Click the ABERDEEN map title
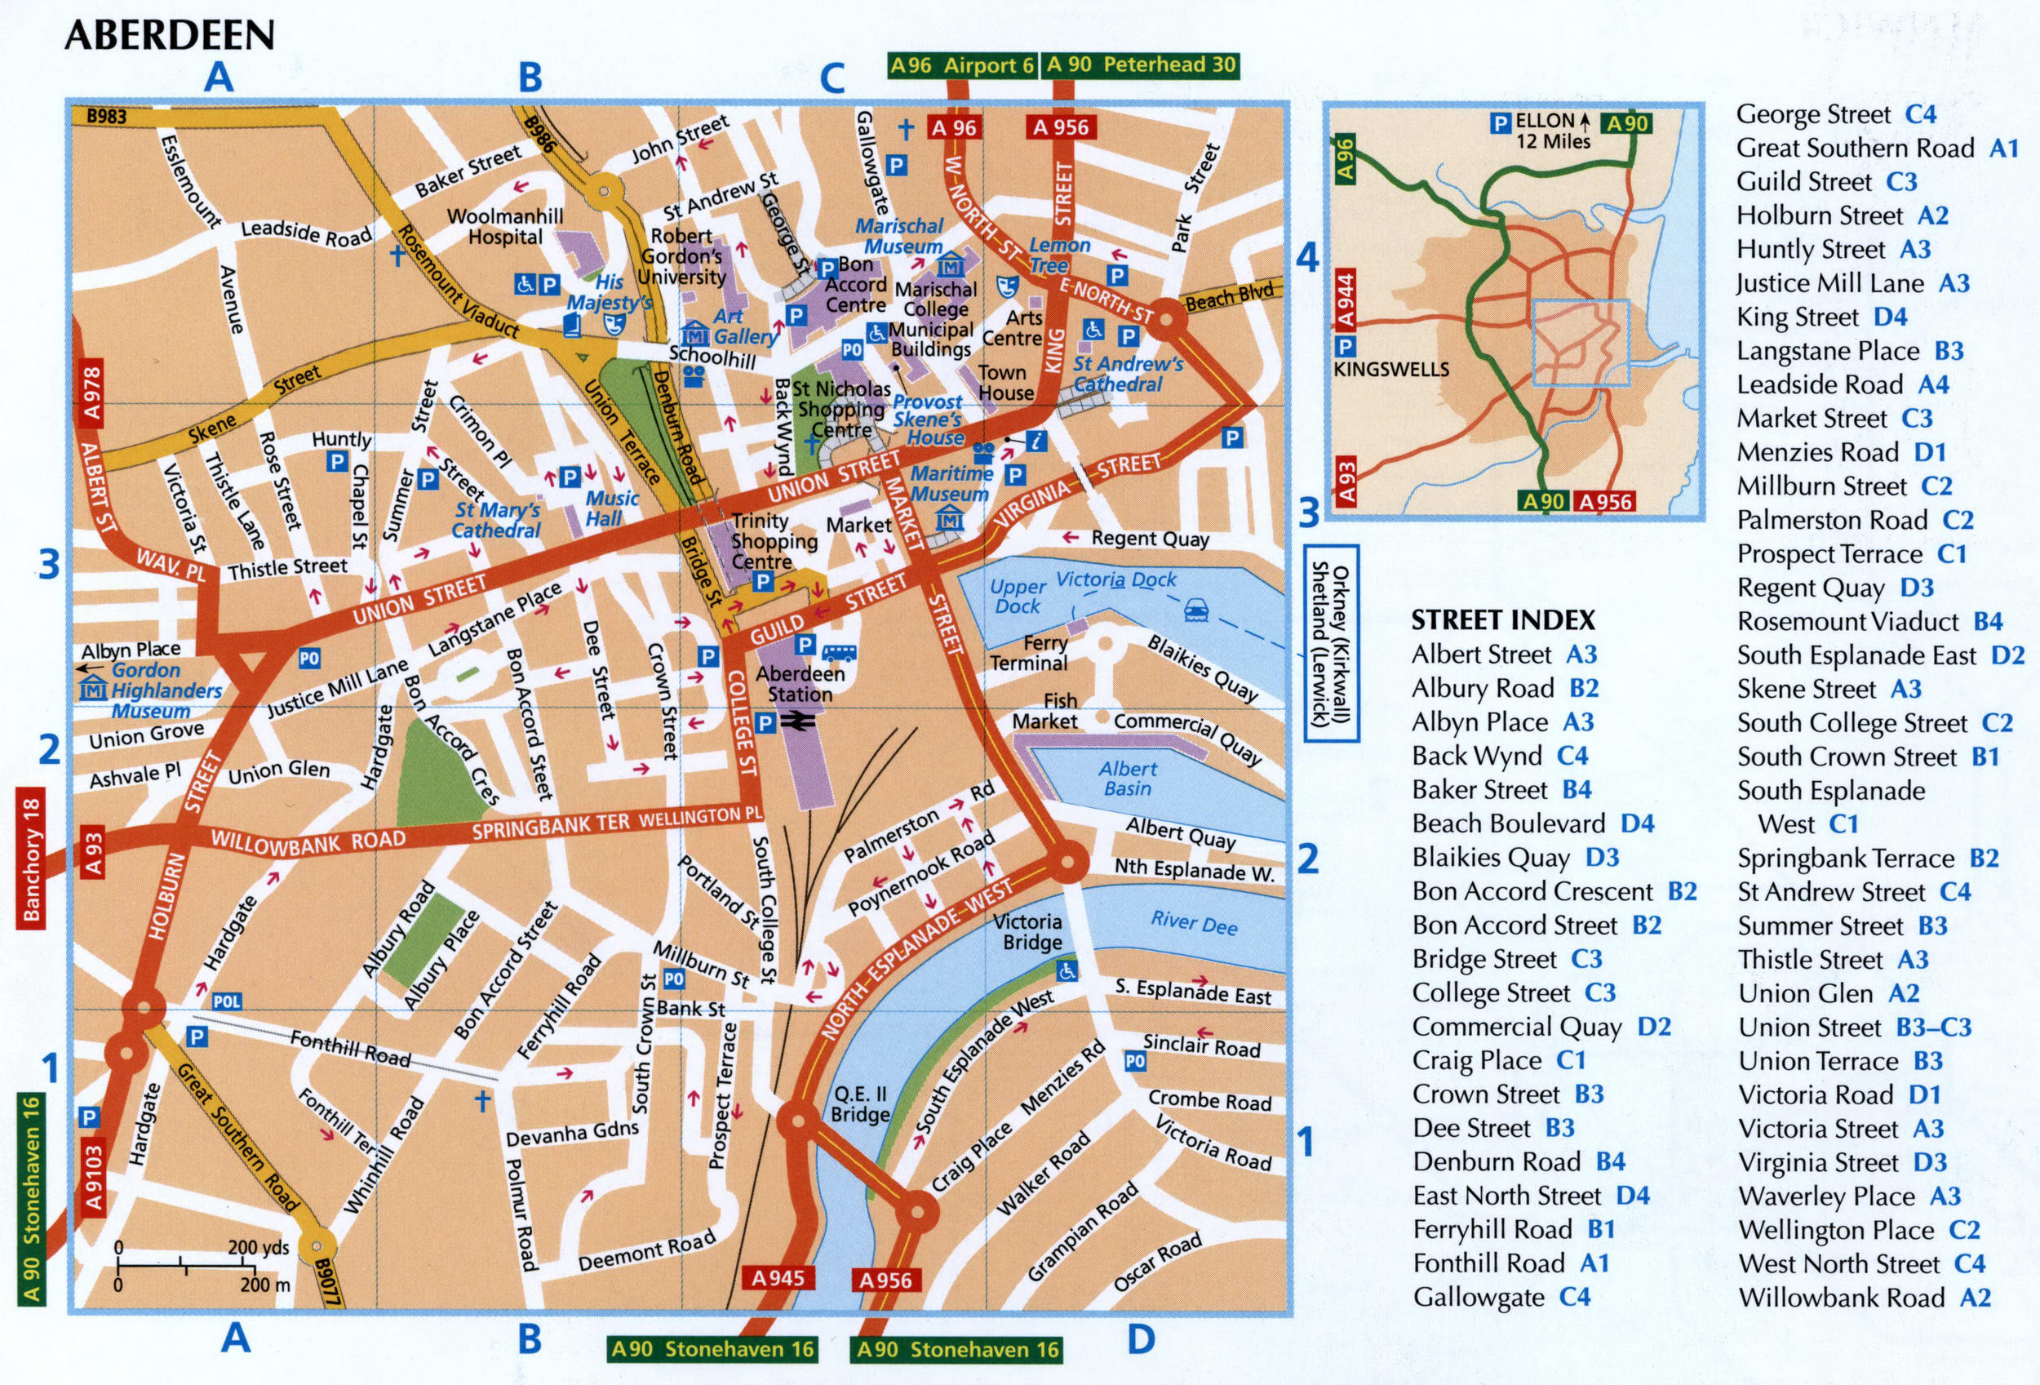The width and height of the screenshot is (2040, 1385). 170,35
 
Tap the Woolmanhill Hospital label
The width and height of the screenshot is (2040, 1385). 505,226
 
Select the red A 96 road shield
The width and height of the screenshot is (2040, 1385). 953,127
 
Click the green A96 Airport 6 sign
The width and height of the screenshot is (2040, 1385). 962,65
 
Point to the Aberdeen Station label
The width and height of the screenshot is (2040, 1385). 800,684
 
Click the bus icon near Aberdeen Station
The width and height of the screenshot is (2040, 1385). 839,652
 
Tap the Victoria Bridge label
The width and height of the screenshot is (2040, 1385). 1029,932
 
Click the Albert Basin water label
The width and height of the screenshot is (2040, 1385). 1128,779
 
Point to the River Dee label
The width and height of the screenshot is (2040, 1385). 1194,922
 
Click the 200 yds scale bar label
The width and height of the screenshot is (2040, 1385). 258,1247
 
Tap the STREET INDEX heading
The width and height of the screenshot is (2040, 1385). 1502,620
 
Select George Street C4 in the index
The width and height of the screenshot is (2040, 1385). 1835,114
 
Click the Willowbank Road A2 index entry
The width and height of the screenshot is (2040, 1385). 1865,1297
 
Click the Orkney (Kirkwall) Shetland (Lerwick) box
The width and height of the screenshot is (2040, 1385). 1332,643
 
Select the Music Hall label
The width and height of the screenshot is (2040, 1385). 611,508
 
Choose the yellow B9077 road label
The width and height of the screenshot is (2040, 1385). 326,1284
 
